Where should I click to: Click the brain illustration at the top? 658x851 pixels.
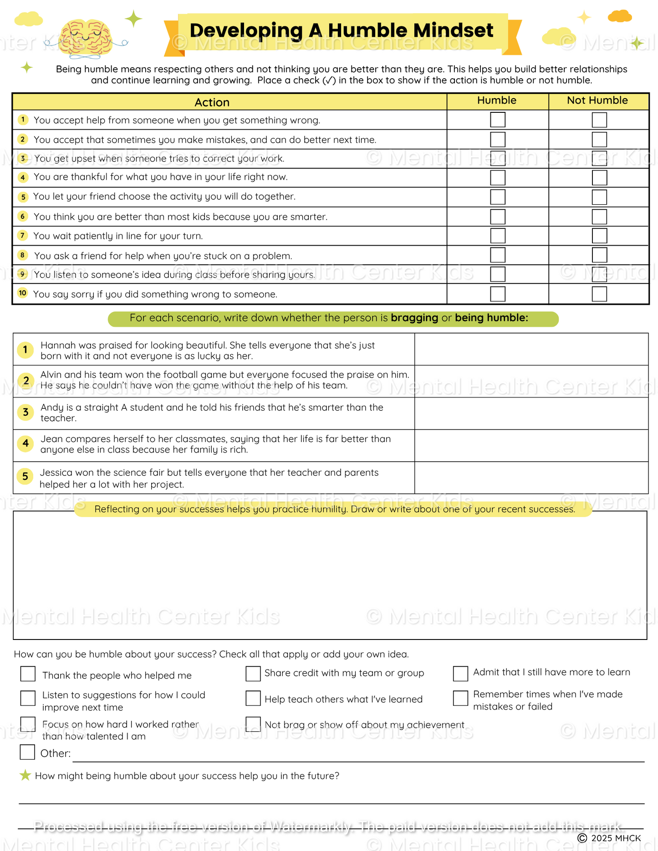pyautogui.click(x=86, y=39)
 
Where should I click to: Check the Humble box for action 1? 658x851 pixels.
pyautogui.click(x=498, y=120)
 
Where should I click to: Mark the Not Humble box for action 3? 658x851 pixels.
pyautogui.click(x=599, y=158)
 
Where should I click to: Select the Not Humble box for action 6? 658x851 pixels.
pyautogui.click(x=599, y=217)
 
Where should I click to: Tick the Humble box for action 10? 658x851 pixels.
pyautogui.click(x=498, y=294)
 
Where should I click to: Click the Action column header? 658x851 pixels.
pyautogui.click(x=212, y=102)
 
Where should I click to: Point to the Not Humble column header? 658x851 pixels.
pyautogui.click(x=597, y=101)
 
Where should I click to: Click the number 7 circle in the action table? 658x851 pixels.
pyautogui.click(x=22, y=236)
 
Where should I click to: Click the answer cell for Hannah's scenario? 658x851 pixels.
pyautogui.click(x=531, y=349)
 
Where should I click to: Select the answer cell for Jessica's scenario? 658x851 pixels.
pyautogui.click(x=531, y=478)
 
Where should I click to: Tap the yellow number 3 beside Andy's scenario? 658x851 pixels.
pyautogui.click(x=26, y=412)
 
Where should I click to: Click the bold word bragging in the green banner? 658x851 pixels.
pyautogui.click(x=414, y=318)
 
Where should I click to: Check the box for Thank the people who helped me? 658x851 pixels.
pyautogui.click(x=28, y=674)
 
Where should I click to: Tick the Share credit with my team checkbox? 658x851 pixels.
pyautogui.click(x=253, y=674)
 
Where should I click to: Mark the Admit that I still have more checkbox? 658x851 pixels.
pyautogui.click(x=460, y=674)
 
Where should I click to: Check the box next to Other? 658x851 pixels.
pyautogui.click(x=27, y=752)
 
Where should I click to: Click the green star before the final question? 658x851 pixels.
pyautogui.click(x=26, y=775)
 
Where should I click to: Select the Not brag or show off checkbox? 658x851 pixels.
pyautogui.click(x=253, y=724)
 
